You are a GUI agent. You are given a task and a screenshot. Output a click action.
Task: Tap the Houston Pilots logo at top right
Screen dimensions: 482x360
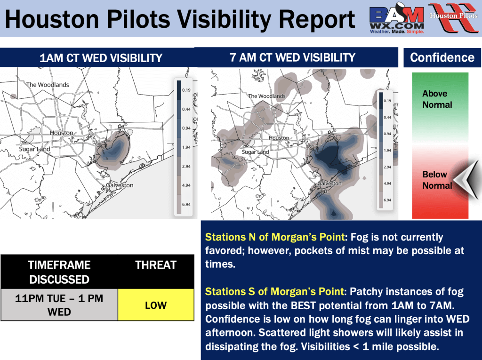[454, 17]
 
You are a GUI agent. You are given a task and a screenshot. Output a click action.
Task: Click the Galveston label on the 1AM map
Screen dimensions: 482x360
[120, 185]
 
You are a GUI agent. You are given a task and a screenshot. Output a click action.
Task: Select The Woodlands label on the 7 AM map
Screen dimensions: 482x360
[267, 96]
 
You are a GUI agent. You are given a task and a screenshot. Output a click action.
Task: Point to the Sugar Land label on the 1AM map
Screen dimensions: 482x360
[34, 149]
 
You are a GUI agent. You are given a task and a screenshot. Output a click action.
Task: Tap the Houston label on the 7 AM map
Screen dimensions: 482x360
[279, 138]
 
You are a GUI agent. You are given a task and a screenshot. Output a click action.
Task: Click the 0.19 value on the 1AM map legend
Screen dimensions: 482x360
[186, 90]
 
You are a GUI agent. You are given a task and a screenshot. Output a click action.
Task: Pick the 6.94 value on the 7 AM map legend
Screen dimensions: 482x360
[387, 200]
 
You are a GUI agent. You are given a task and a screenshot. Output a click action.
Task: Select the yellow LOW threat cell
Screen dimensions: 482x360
[156, 304]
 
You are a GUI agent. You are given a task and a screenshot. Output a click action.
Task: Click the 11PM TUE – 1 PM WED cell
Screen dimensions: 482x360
[59, 304]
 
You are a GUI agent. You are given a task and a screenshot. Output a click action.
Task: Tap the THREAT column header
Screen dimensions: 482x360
[156, 265]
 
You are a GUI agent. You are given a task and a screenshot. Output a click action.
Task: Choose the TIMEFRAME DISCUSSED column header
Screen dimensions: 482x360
[59, 272]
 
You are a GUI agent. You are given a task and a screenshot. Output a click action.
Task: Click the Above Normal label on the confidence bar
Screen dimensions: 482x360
[437, 99]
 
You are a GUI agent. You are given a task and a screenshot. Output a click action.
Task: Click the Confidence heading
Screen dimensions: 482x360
[442, 57]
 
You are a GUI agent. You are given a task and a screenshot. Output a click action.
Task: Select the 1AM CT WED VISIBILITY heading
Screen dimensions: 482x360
[101, 58]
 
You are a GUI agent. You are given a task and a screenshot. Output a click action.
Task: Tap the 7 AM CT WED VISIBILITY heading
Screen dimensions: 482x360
[292, 57]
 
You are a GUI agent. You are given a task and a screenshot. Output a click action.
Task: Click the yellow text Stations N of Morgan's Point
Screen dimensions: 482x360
[275, 237]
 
